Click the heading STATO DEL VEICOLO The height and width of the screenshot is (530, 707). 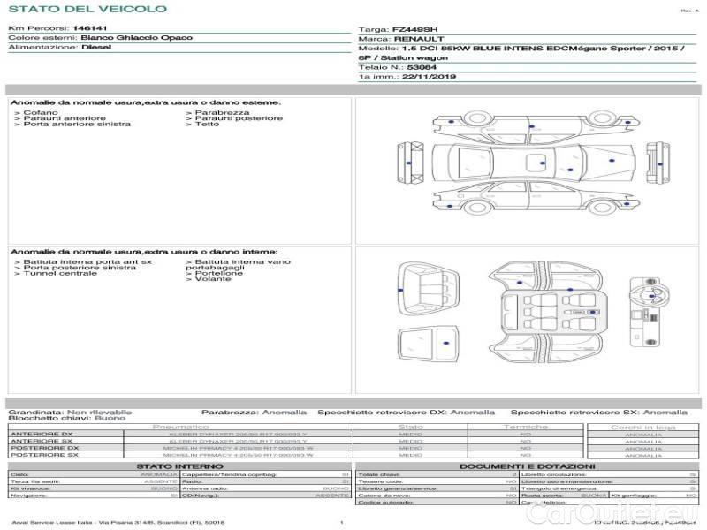click(87, 9)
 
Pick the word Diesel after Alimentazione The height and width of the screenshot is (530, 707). click(96, 48)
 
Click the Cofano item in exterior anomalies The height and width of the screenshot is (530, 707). click(41, 112)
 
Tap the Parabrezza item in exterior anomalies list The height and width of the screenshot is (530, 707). click(222, 112)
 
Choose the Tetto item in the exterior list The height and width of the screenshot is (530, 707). click(207, 124)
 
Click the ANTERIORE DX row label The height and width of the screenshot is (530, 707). click(42, 434)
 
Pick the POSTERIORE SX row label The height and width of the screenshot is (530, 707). click(44, 455)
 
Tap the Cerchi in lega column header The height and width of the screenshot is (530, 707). click(643, 427)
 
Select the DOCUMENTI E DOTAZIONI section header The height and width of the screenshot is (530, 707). click(527, 466)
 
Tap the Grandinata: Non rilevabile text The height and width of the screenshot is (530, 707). click(70, 412)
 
